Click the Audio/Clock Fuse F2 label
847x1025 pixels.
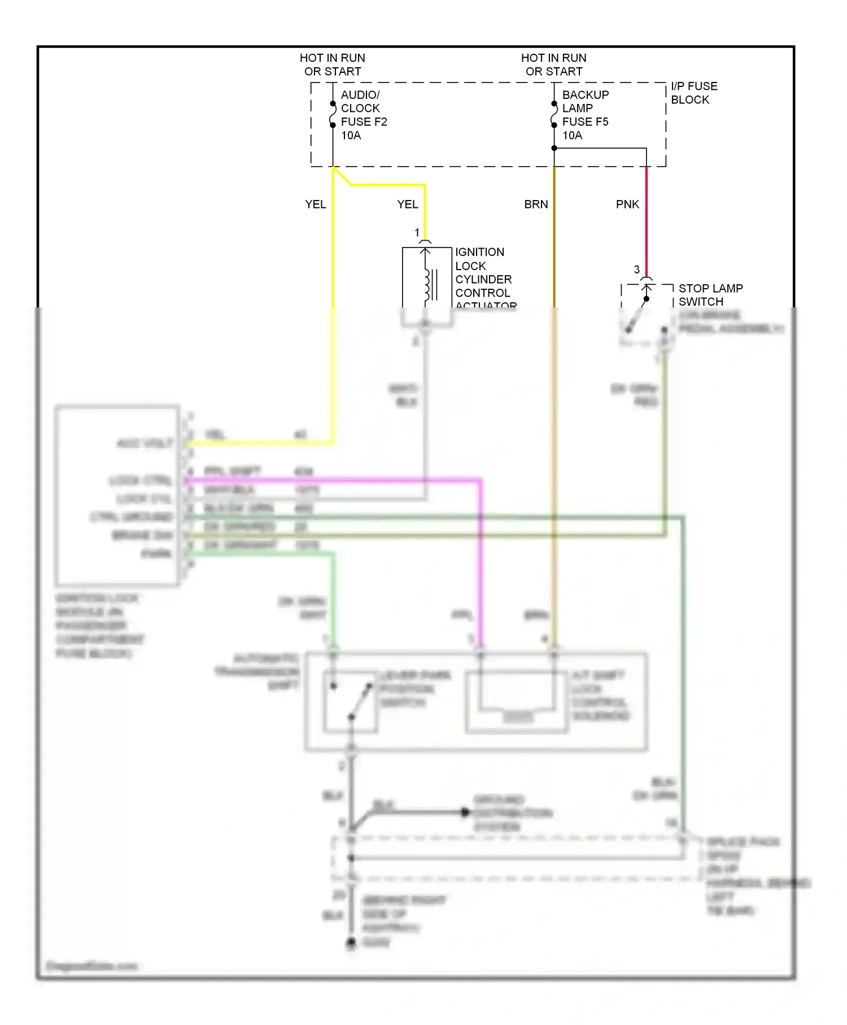(x=363, y=115)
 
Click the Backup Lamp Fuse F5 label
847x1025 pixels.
(x=585, y=115)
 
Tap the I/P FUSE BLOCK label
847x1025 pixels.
(x=693, y=93)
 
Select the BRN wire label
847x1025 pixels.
(x=536, y=204)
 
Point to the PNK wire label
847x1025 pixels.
(x=627, y=204)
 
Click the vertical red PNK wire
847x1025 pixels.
(x=647, y=226)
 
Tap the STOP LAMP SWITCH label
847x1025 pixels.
(x=710, y=294)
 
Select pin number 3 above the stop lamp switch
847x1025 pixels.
(x=637, y=270)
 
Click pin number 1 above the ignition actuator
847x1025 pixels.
(x=417, y=233)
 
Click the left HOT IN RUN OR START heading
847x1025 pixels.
(x=333, y=64)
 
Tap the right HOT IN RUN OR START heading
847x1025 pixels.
(x=554, y=64)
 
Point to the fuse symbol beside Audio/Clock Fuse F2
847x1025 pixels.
(x=333, y=114)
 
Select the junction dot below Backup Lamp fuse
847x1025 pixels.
(x=554, y=148)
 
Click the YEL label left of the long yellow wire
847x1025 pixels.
(x=315, y=204)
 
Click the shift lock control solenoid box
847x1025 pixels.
(x=517, y=702)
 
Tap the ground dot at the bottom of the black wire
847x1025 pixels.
(x=351, y=942)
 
